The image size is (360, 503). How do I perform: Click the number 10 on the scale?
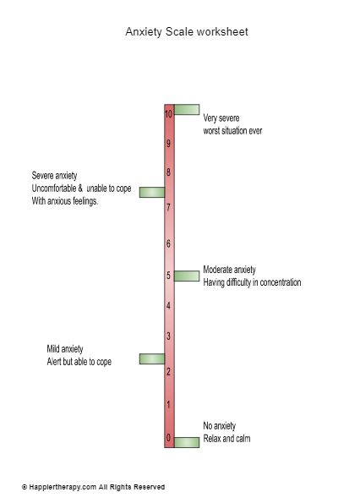[169, 114]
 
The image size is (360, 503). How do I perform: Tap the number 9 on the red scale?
[169, 144]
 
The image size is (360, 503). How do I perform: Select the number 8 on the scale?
[169, 172]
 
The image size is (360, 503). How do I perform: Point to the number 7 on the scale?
[169, 208]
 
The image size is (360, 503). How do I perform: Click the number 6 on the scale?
[169, 243]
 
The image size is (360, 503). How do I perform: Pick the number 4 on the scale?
[169, 306]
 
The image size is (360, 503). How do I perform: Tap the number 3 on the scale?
[169, 336]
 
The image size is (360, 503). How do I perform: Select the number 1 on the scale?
[169, 405]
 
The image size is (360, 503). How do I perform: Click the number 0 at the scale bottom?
[169, 438]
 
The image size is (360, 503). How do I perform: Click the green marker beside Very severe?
[187, 109]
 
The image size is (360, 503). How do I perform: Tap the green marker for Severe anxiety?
[152, 192]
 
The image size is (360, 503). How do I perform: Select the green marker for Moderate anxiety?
[187, 276]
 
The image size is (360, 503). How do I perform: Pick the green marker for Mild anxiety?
[152, 359]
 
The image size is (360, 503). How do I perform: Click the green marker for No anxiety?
[187, 442]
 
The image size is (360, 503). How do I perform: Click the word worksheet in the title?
[222, 31]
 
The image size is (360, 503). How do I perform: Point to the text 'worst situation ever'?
[232, 131]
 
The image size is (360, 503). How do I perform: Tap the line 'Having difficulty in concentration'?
[252, 282]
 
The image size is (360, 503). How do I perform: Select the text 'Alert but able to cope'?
[79, 362]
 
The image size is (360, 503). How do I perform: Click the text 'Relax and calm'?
[226, 439]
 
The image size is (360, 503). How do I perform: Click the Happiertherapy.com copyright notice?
[93, 487]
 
